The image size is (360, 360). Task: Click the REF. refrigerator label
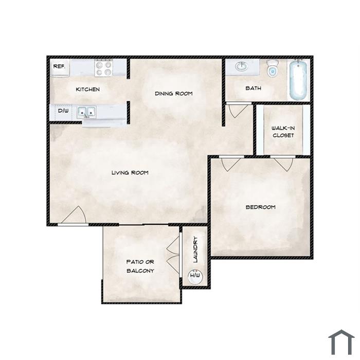[x=59, y=66]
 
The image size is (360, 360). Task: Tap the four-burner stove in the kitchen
[x=104, y=68]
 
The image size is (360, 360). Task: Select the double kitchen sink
[x=86, y=112]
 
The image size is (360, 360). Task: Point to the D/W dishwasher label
[x=63, y=111]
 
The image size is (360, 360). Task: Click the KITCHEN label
[x=88, y=89]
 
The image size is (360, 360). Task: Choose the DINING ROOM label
[x=174, y=94]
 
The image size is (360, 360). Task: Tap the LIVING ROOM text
[x=130, y=173]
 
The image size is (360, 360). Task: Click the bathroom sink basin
[x=241, y=66]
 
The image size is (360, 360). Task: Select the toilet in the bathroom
[x=273, y=68]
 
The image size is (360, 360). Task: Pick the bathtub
[x=298, y=80]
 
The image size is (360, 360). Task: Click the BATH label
[x=253, y=88]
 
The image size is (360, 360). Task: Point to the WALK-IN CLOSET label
[x=283, y=132]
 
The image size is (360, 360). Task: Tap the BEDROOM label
[x=261, y=207]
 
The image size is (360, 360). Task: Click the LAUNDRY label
[x=195, y=249]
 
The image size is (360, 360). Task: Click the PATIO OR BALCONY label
[x=140, y=266]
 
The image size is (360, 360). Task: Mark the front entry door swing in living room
[x=74, y=215]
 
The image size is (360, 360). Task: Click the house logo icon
[x=341, y=342]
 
